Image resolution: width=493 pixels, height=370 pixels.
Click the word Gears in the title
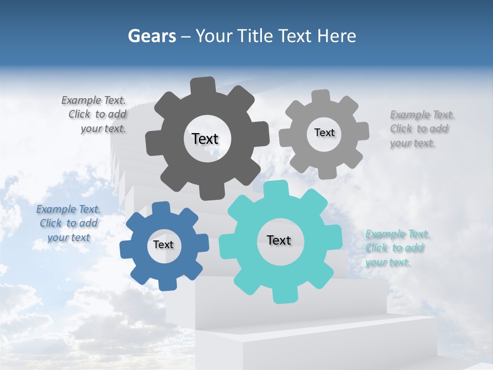[151, 36]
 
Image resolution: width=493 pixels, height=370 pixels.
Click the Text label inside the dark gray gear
[205, 139]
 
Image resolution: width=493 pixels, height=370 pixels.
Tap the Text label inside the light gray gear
[324, 133]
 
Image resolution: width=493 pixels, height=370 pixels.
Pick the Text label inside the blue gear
[163, 245]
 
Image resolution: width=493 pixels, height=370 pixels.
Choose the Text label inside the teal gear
[279, 240]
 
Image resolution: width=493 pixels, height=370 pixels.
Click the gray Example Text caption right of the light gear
[421, 128]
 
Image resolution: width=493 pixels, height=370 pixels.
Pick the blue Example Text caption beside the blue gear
[68, 223]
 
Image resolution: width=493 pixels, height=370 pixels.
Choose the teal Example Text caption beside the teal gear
[396, 248]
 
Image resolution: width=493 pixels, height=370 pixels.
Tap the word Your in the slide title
[213, 36]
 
